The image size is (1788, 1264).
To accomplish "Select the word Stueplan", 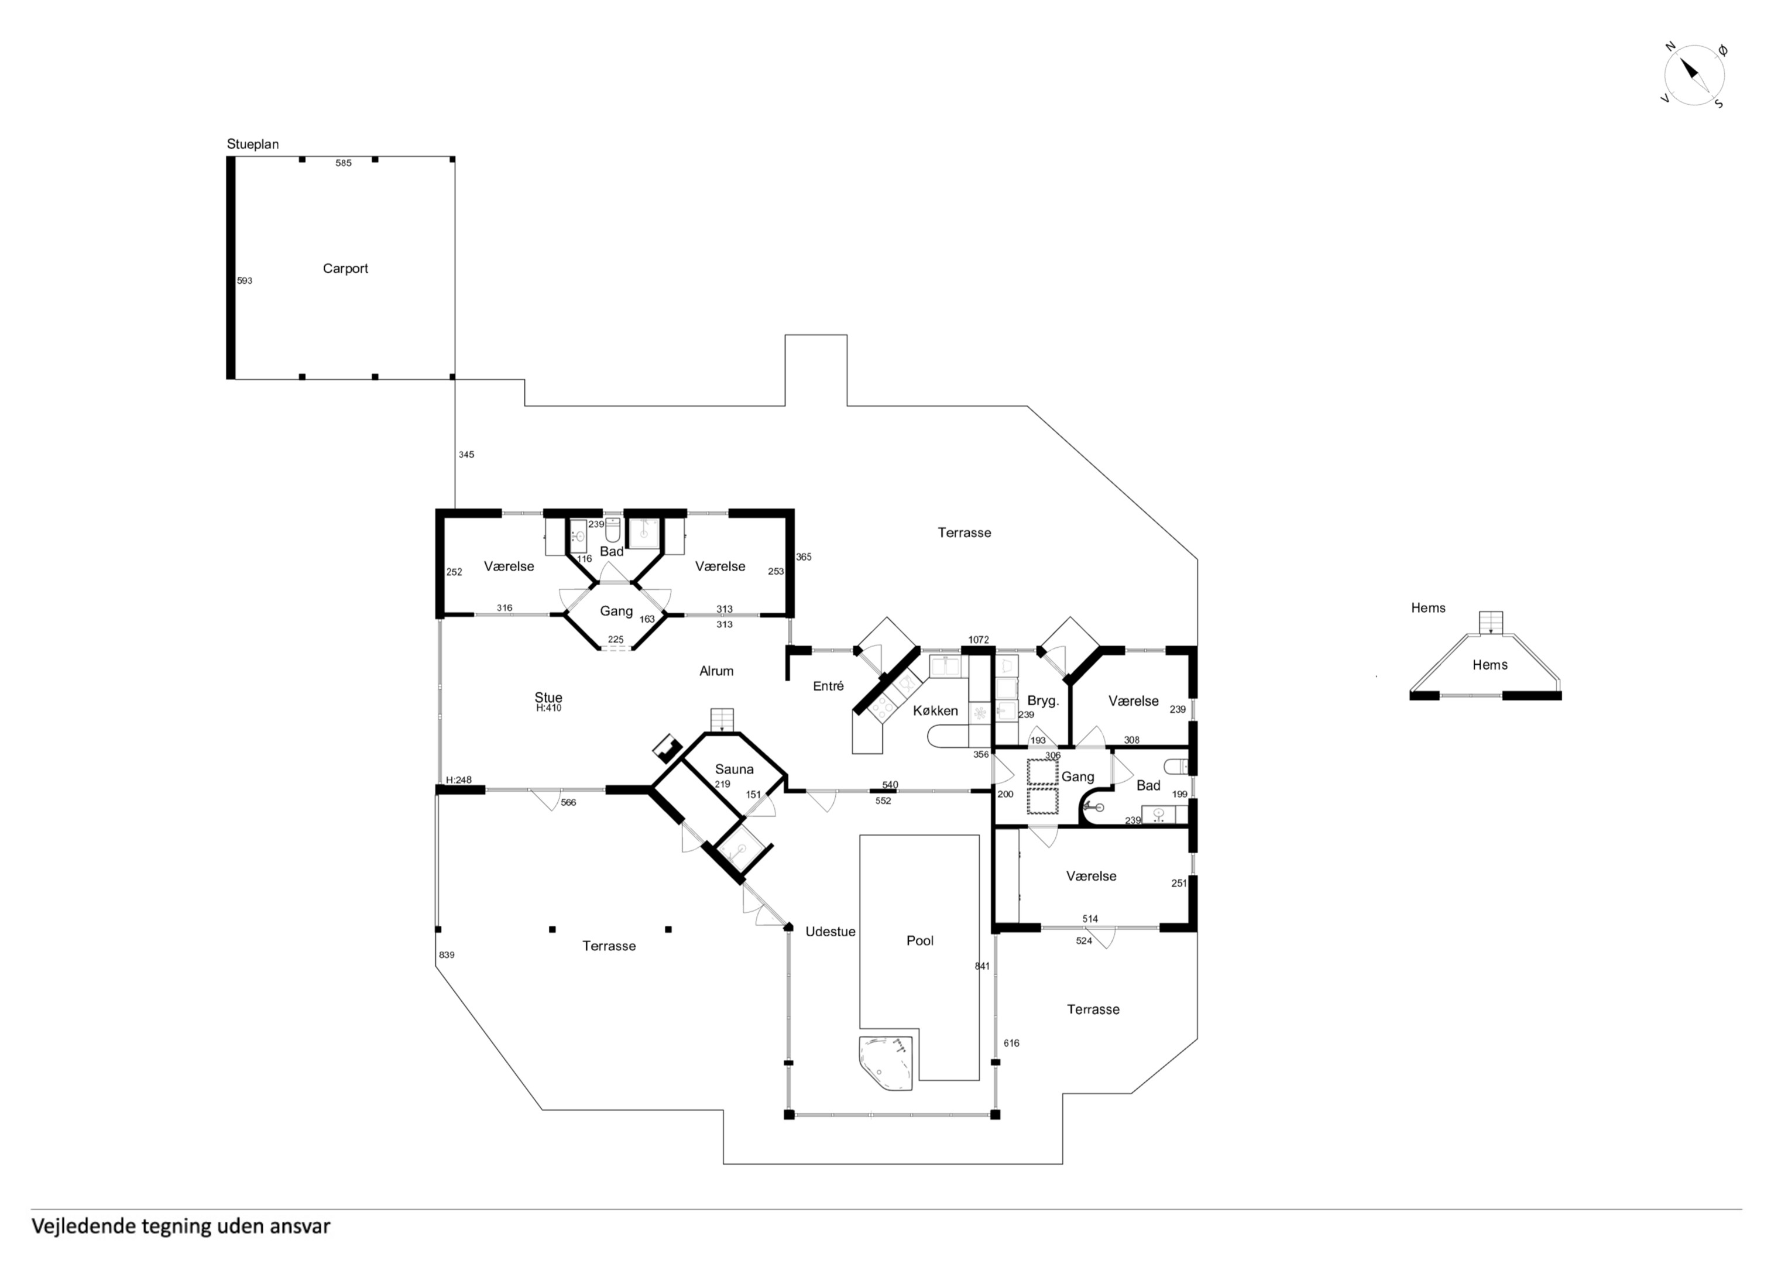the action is pyautogui.click(x=252, y=144).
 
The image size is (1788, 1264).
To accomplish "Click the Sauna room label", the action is pyautogui.click(x=735, y=770).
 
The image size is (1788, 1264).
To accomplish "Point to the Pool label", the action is pyautogui.click(x=919, y=941).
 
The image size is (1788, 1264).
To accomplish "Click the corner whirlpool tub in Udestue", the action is pyautogui.click(x=886, y=1062).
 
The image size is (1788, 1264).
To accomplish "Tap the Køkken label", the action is pyautogui.click(x=935, y=710).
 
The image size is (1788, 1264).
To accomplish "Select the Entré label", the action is pyautogui.click(x=828, y=686).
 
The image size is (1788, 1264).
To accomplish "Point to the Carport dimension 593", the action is pyautogui.click(x=245, y=281).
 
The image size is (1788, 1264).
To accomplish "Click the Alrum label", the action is pyautogui.click(x=716, y=671).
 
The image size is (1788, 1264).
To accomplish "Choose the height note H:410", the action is pyautogui.click(x=548, y=709).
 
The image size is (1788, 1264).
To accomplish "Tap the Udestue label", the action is pyautogui.click(x=830, y=932).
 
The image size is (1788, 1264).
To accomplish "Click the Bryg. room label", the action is pyautogui.click(x=1043, y=701).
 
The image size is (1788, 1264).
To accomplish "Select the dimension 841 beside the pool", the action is pyautogui.click(x=982, y=967).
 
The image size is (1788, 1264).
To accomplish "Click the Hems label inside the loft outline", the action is pyautogui.click(x=1490, y=665).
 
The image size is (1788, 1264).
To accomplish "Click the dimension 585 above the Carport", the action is pyautogui.click(x=344, y=163).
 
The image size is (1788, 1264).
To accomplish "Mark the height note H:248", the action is pyautogui.click(x=459, y=781).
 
